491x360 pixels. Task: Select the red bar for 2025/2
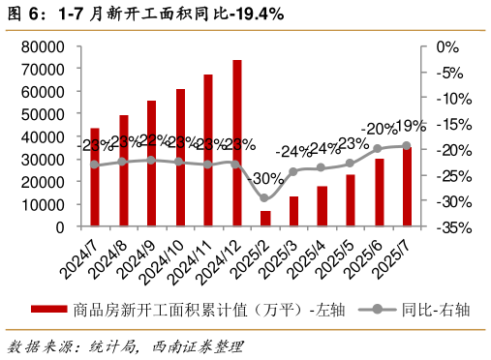(265, 219)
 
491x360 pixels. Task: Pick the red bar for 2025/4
(322, 206)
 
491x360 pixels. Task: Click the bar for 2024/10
(180, 158)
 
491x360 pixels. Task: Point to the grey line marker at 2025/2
(265, 198)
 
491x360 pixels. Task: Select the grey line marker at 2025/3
(293, 172)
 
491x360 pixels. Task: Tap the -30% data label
(264, 179)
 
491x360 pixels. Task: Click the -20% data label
(379, 129)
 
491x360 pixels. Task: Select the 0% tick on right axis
(447, 46)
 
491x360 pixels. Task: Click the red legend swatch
(48, 310)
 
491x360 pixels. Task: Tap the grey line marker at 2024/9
(151, 160)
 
